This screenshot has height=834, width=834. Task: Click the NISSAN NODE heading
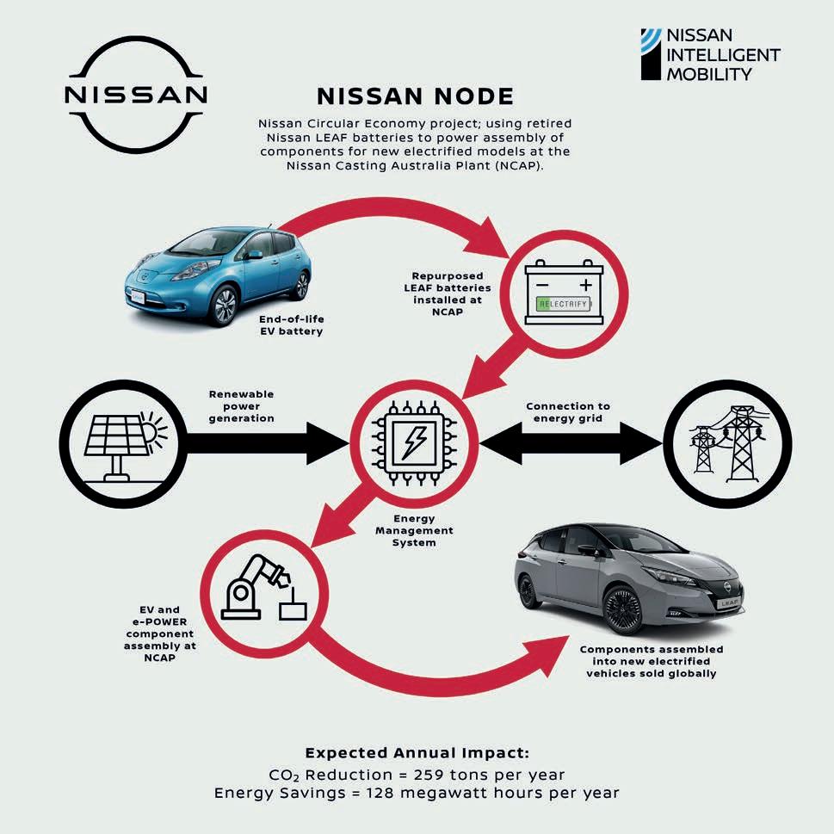pyautogui.click(x=416, y=96)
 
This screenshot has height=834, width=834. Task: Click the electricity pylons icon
pyautogui.click(x=720, y=444)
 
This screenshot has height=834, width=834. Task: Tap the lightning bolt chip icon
pyautogui.click(x=416, y=444)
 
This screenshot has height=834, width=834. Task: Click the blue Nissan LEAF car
pyautogui.click(x=219, y=271)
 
